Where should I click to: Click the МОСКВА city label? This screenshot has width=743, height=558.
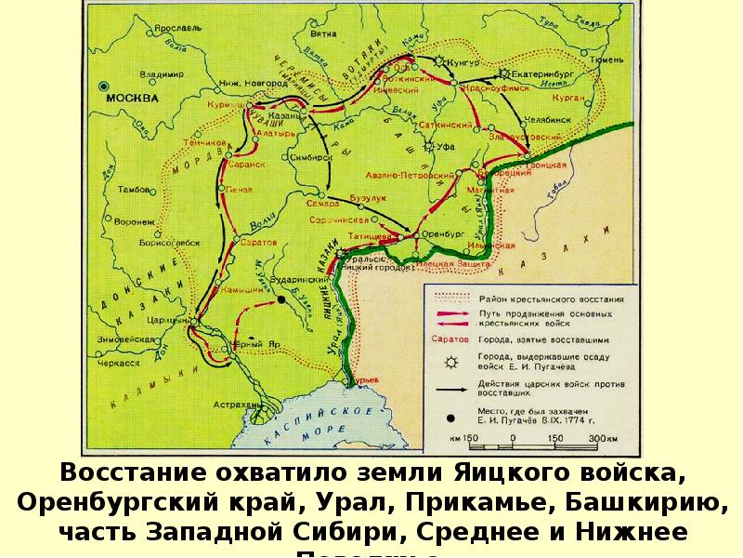(x=131, y=98)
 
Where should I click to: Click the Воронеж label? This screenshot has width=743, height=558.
(x=135, y=222)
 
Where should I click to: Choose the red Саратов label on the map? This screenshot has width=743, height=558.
(x=259, y=242)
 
